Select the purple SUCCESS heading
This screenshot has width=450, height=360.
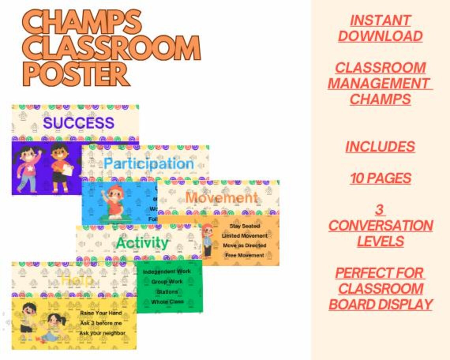click(79, 123)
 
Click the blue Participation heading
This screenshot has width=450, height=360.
click(148, 163)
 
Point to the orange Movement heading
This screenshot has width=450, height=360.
click(221, 197)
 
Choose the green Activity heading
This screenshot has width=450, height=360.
click(142, 242)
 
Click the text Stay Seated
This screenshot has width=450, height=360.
click(245, 226)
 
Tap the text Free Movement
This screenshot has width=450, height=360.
click(245, 255)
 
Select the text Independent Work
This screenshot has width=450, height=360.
click(167, 272)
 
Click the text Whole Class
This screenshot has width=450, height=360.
click(167, 302)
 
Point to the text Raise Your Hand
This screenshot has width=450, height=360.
click(101, 313)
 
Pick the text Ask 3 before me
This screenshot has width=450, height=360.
click(101, 323)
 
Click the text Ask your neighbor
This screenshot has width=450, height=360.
click(102, 333)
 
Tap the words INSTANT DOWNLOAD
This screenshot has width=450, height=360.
click(380, 28)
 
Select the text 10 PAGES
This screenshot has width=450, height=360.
click(380, 178)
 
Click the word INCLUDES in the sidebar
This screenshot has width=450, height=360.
click(380, 146)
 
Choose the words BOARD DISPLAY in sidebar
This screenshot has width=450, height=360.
click(381, 304)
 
